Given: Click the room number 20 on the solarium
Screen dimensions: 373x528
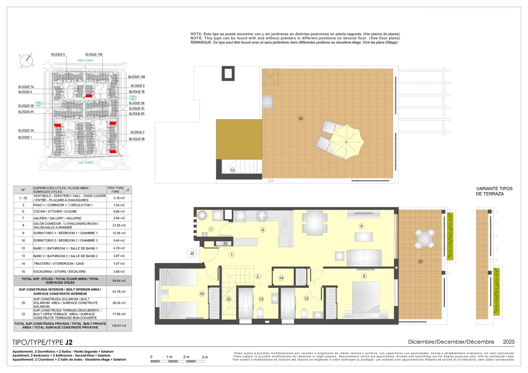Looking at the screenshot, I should [x=300, y=118].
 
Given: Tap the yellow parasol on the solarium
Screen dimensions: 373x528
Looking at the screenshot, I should [x=346, y=142].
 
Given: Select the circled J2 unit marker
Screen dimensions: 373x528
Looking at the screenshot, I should [x=192, y=253].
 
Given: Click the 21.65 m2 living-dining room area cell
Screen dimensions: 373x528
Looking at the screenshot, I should [x=119, y=225].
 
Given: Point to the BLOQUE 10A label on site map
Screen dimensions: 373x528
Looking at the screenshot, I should [x=94, y=54].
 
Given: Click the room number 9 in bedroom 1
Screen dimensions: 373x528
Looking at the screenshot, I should [x=364, y=276].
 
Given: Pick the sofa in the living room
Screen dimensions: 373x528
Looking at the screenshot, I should [x=364, y=257].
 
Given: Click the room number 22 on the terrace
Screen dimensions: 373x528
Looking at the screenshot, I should [x=420, y=261].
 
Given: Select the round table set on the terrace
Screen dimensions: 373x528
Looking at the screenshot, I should [x=425, y=239].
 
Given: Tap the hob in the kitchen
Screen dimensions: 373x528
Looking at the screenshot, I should [x=262, y=216].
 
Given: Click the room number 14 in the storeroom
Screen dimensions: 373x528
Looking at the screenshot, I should [x=281, y=278].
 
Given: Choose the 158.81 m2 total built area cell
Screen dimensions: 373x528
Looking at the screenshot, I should [x=119, y=326].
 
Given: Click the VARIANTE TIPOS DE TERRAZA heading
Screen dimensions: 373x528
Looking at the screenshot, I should [x=494, y=191].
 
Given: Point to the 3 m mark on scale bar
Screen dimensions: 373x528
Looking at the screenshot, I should [x=205, y=357].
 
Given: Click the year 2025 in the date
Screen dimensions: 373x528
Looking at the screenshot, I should [x=508, y=342].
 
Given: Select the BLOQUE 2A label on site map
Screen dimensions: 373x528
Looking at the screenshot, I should [x=26, y=131].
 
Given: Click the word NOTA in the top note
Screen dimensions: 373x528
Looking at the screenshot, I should [x=196, y=34].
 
